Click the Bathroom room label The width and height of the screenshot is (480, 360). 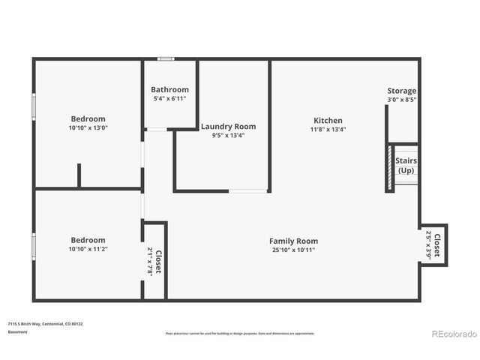click(x=169, y=89)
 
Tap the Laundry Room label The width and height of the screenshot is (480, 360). click(x=228, y=126)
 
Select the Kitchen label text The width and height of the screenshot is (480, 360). click(x=328, y=120)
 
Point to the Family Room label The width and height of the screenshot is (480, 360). click(x=293, y=241)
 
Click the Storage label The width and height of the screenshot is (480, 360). click(x=401, y=91)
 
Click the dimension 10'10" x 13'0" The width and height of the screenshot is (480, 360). click(x=88, y=127)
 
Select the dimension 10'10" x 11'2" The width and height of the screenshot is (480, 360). click(x=88, y=249)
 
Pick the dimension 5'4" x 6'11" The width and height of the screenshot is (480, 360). click(x=169, y=98)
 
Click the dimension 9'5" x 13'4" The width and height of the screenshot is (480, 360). click(x=228, y=135)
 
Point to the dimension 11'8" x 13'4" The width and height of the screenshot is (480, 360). click(x=328, y=129)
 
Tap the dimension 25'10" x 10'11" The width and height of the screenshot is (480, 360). click(x=293, y=250)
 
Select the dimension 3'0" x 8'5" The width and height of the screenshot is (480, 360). click(x=401, y=99)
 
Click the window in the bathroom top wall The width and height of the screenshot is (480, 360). click(x=165, y=58)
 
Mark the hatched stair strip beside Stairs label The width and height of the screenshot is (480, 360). click(x=390, y=168)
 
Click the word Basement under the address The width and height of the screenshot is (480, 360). click(x=17, y=331)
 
